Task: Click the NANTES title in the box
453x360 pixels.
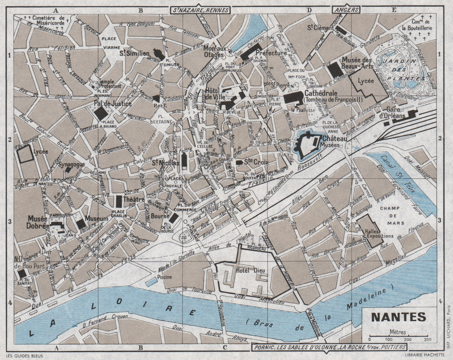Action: pyautogui.click(x=399, y=316)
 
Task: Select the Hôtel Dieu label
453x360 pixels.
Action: pyautogui.click(x=247, y=271)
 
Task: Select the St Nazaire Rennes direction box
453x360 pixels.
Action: pyautogui.click(x=200, y=10)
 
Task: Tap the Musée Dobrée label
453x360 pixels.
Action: pyautogui.click(x=38, y=222)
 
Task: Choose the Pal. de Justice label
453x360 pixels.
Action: pyautogui.click(x=113, y=104)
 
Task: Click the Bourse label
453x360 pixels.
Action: pyautogui.click(x=160, y=216)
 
